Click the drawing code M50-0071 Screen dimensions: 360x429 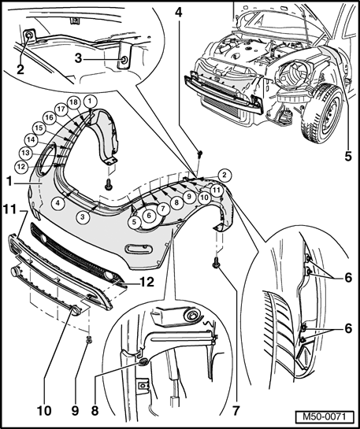click(324, 417)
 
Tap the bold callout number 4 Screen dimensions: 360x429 click(179, 13)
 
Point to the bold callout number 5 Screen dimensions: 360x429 click(347, 156)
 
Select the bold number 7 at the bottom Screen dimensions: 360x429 click(236, 411)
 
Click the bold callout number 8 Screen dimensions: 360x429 click(95, 411)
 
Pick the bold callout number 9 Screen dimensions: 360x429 click(75, 411)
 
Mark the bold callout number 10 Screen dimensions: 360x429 click(44, 411)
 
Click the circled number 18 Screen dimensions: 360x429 click(74, 102)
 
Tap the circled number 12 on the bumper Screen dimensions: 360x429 click(21, 166)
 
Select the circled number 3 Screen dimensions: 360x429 click(83, 216)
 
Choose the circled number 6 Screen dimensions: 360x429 click(149, 216)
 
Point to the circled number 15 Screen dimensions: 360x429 click(39, 128)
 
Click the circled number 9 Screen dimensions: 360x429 click(189, 196)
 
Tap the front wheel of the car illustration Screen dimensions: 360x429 click(323, 113)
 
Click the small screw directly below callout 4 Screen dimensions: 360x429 click(200, 153)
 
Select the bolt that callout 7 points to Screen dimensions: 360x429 click(216, 264)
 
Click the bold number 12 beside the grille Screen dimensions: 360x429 click(147, 282)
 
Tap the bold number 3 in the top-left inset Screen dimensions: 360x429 click(78, 58)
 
